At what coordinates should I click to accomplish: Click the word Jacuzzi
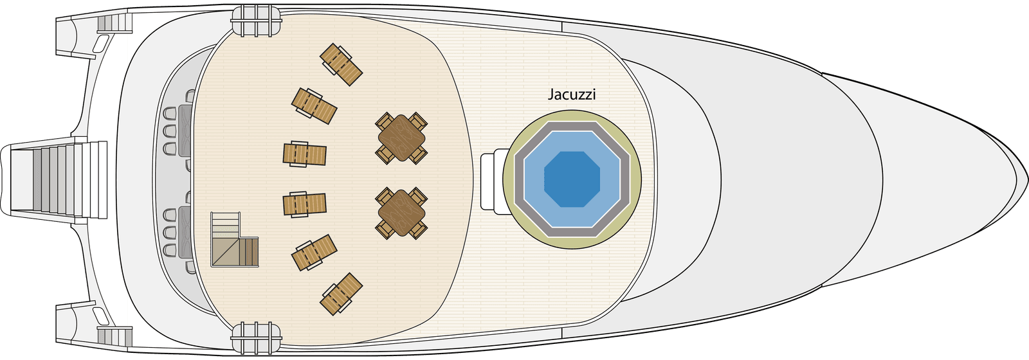click(x=572, y=94)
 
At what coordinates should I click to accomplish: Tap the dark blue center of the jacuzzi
click(x=572, y=179)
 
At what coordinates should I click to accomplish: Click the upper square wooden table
click(x=401, y=138)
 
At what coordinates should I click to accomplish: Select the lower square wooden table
click(x=401, y=213)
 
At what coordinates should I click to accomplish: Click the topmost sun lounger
click(x=341, y=64)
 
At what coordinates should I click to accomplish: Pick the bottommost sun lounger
click(x=341, y=294)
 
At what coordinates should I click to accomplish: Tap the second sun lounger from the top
click(x=314, y=106)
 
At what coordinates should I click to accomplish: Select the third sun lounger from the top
click(x=305, y=154)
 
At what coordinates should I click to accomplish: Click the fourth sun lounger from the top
click(x=305, y=204)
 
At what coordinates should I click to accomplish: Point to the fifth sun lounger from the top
click(x=314, y=253)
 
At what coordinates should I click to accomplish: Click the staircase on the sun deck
click(x=235, y=239)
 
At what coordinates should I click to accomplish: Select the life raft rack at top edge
click(x=257, y=21)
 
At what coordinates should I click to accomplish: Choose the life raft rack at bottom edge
click(x=257, y=338)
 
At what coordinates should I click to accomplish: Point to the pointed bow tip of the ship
click(x=1027, y=180)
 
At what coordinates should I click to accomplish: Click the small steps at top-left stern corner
click(x=114, y=23)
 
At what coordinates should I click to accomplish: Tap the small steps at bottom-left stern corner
click(x=114, y=336)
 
